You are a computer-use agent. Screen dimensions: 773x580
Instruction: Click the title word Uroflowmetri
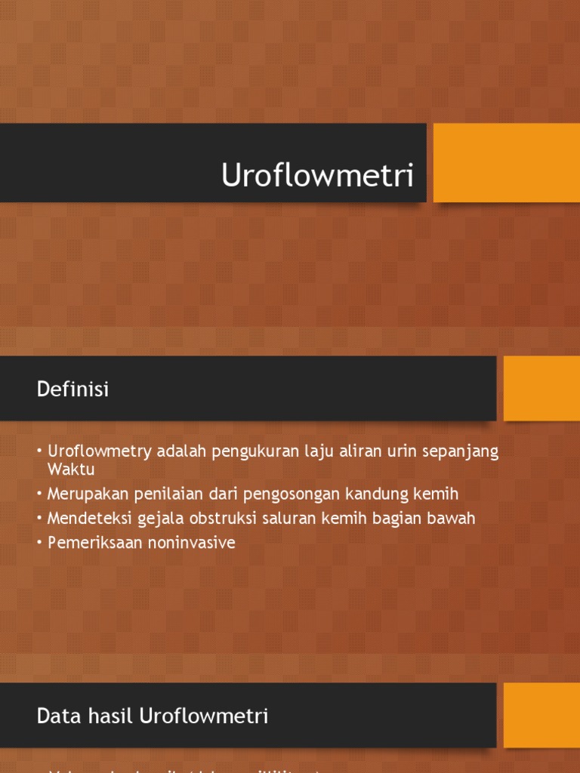pyautogui.click(x=318, y=176)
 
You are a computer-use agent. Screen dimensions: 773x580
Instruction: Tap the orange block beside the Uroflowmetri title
pyautogui.click(x=506, y=163)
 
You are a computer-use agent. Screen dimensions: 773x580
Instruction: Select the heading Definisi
pyautogui.click(x=72, y=390)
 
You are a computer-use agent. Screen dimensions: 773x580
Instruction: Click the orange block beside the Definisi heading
pyautogui.click(x=541, y=388)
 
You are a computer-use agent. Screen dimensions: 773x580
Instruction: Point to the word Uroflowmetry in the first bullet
pyautogui.click(x=100, y=451)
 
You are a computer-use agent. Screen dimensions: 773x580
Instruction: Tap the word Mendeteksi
pyautogui.click(x=88, y=518)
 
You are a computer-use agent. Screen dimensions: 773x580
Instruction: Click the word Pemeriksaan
pyautogui.click(x=94, y=542)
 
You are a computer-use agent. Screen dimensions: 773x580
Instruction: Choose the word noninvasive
pyautogui.click(x=191, y=542)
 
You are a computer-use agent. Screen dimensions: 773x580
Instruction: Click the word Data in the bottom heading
pyautogui.click(x=54, y=716)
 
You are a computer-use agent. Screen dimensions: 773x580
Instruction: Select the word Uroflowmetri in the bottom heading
pyautogui.click(x=204, y=716)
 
